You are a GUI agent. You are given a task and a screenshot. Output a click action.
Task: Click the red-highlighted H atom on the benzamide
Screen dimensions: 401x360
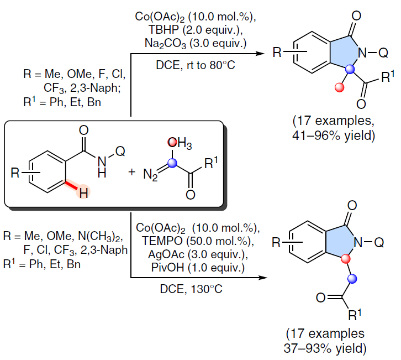83,192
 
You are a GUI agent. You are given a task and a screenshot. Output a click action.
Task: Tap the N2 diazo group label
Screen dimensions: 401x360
151,175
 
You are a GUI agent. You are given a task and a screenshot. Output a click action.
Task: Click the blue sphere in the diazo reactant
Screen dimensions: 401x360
172,163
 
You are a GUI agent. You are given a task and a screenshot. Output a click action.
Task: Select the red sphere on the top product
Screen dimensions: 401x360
339,87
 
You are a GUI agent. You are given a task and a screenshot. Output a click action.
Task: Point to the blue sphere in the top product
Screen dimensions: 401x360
350,69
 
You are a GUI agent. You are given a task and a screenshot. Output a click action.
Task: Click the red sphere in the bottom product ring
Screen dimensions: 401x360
345,259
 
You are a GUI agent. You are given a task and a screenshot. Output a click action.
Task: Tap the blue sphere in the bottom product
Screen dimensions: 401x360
352,279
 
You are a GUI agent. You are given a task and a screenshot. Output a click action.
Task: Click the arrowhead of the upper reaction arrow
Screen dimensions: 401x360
260,54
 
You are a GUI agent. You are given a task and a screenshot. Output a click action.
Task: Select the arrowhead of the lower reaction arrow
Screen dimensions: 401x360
263,278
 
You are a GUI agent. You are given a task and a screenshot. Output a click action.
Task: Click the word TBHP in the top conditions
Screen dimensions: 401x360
163,30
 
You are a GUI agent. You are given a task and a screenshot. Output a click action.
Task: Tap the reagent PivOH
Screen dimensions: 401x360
167,268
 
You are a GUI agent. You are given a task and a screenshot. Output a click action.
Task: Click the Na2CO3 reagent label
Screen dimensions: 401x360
166,43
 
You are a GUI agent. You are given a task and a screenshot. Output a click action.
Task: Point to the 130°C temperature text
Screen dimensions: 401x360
207,289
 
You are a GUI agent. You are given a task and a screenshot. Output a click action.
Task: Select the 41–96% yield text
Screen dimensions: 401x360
334,135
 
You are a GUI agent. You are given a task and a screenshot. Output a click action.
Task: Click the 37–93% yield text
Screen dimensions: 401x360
325,348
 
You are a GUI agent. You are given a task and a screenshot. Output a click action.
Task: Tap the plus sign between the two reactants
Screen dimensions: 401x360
131,172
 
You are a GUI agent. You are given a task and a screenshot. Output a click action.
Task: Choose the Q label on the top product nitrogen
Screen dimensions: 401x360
383,53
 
